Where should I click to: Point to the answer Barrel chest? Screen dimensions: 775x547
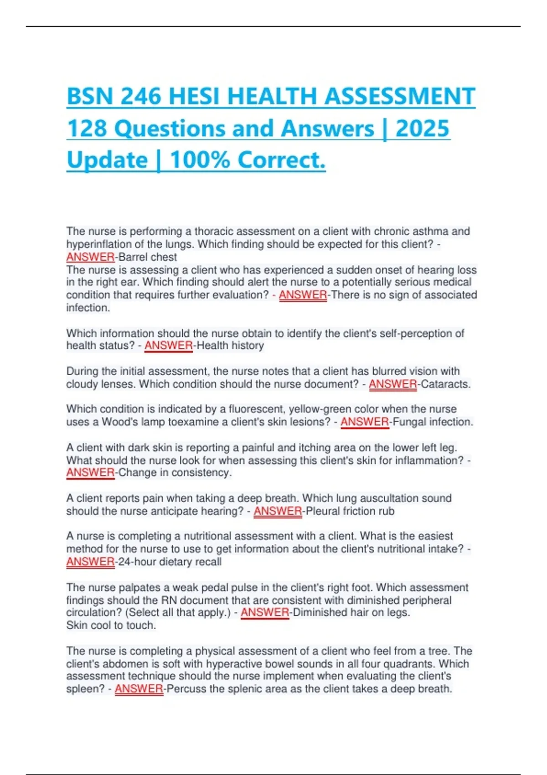(x=148, y=257)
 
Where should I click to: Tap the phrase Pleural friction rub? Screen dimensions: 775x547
(x=350, y=511)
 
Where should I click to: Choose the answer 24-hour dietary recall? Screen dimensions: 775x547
(x=170, y=562)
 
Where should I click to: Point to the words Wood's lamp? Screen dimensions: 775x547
(x=134, y=422)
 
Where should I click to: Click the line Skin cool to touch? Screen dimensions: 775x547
(x=111, y=625)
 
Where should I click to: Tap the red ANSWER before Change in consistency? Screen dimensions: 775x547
(x=90, y=473)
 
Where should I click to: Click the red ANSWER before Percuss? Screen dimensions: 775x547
(x=139, y=689)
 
